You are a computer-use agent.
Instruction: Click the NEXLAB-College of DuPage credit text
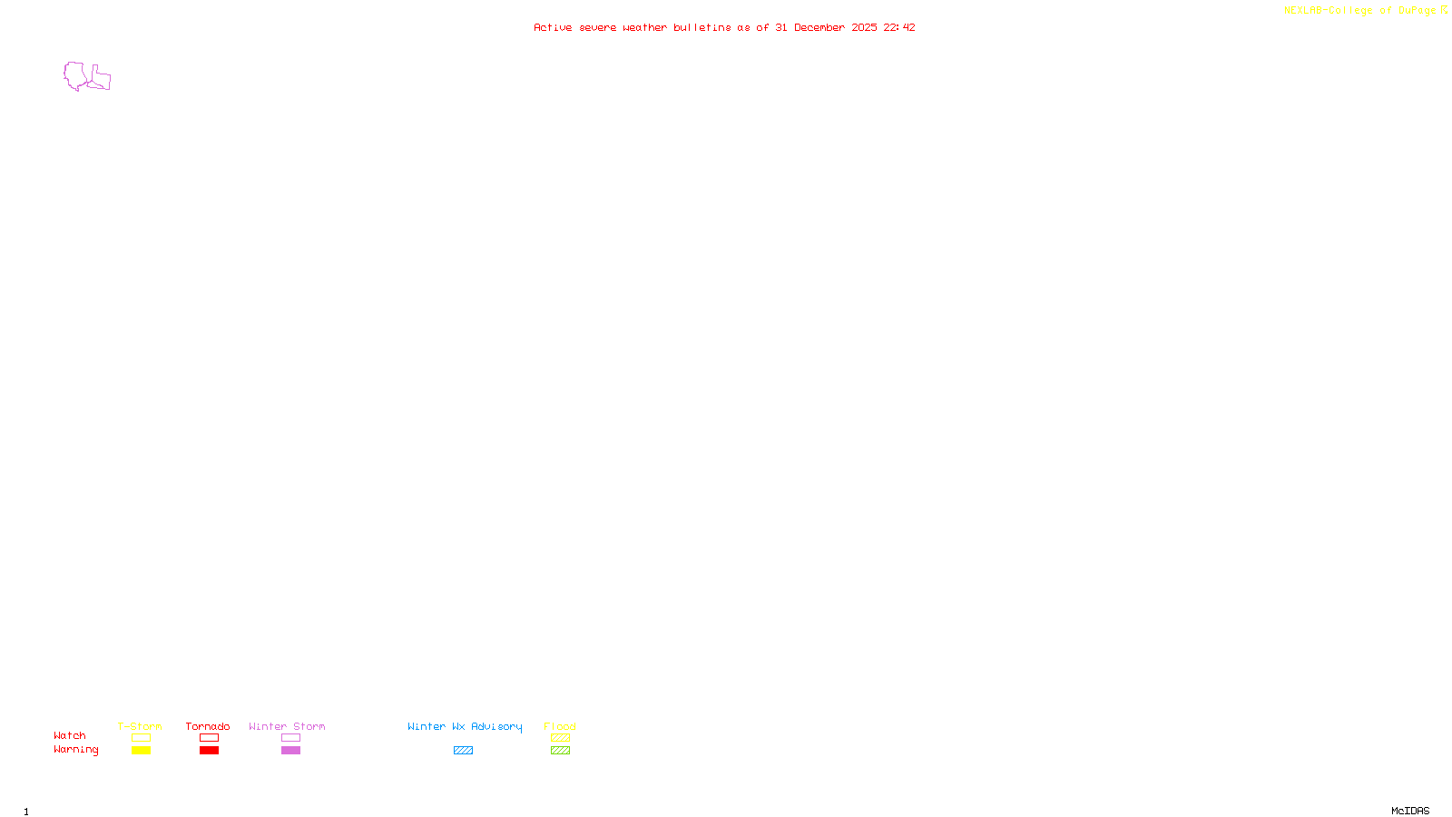pos(1359,11)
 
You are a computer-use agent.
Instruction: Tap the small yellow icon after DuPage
pos(1444,11)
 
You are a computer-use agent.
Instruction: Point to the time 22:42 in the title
pos(899,28)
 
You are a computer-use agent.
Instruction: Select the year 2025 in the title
pos(864,28)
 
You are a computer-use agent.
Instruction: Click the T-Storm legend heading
pos(140,726)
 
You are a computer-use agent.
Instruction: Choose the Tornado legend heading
pos(208,726)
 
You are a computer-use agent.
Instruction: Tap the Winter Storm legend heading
pos(287,726)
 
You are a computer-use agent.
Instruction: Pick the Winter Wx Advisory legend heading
pos(465,726)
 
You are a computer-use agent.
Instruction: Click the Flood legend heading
pos(560,726)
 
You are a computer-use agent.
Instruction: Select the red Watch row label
pos(70,736)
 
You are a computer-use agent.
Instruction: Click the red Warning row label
pos(76,750)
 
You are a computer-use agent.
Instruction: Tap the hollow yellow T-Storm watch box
pos(141,738)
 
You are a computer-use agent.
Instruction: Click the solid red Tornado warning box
pos(210,751)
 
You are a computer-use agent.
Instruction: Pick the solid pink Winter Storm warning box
pos(291,751)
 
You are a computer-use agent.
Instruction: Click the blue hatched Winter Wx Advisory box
pos(463,751)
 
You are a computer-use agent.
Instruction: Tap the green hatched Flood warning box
pos(560,751)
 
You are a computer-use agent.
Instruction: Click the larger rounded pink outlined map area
pos(74,75)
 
